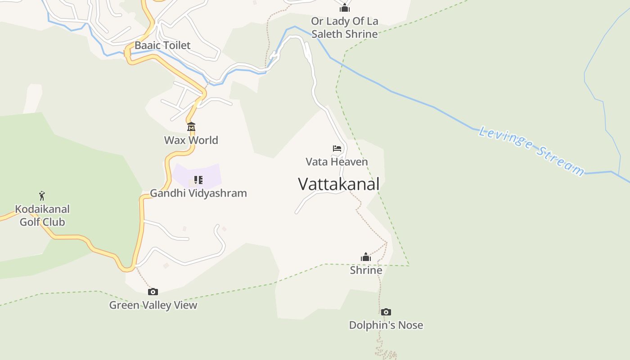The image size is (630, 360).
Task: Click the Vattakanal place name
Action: pyautogui.click(x=338, y=184)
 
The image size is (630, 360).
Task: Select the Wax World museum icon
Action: pyautogui.click(x=191, y=126)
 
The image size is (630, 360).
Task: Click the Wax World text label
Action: pyautogui.click(x=191, y=140)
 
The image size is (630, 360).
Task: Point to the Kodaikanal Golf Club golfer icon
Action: pyautogui.click(x=42, y=196)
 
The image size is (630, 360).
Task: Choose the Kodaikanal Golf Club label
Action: pyautogui.click(x=42, y=216)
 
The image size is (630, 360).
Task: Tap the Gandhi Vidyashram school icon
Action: pyautogui.click(x=198, y=180)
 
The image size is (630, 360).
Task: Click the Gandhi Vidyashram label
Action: pyautogui.click(x=198, y=193)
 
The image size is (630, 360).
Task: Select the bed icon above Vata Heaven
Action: pyautogui.click(x=337, y=148)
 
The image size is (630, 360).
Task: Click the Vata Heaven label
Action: pyautogui.click(x=337, y=162)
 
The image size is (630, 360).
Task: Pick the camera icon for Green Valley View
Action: pyautogui.click(x=153, y=292)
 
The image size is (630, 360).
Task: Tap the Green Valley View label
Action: pyautogui.click(x=153, y=305)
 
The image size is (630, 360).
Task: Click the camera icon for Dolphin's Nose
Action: pyautogui.click(x=386, y=312)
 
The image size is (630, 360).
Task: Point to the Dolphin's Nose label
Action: pyautogui.click(x=386, y=325)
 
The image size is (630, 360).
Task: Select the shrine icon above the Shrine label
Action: pyautogui.click(x=366, y=257)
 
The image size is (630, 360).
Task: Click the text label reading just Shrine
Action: pyautogui.click(x=366, y=270)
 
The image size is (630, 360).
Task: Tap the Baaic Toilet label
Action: pyautogui.click(x=162, y=45)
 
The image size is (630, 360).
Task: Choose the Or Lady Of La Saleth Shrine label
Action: pyautogui.click(x=344, y=27)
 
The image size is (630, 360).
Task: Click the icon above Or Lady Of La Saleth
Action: pyautogui.click(x=345, y=8)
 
